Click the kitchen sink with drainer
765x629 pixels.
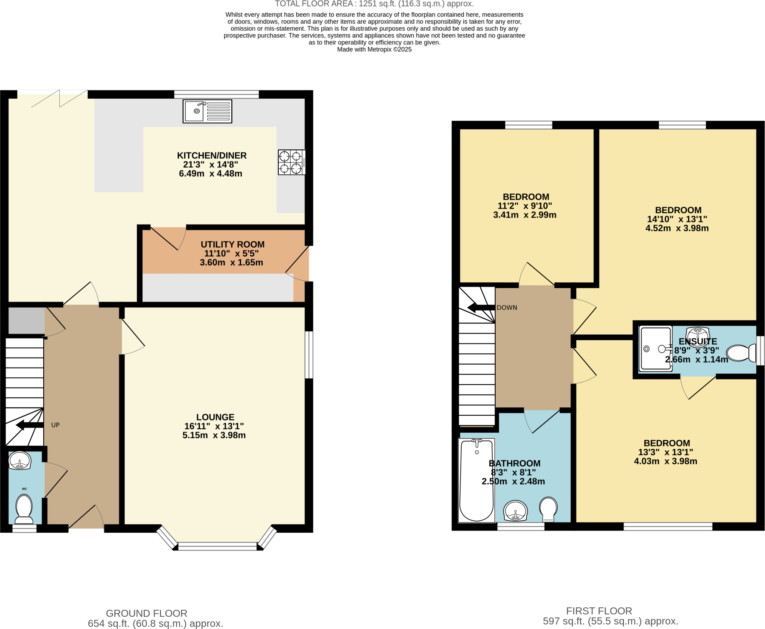tap(207, 111)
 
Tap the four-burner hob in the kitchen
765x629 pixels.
tap(291, 162)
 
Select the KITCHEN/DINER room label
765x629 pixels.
tap(211, 155)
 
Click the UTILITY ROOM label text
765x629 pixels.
tap(232, 244)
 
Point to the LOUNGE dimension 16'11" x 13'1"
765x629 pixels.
tap(214, 426)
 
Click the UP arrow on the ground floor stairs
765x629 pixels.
tap(30, 425)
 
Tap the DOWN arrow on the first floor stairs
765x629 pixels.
tap(481, 308)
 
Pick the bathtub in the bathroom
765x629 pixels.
tap(476, 480)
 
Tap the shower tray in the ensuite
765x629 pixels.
tap(655, 348)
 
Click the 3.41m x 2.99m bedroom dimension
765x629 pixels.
tap(524, 215)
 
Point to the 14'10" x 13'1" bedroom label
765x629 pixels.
tap(677, 219)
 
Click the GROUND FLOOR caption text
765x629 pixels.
tap(146, 613)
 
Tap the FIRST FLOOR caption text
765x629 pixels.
tap(599, 611)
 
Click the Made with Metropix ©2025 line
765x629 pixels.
tap(374, 50)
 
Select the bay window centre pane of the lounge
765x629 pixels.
tap(217, 546)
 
